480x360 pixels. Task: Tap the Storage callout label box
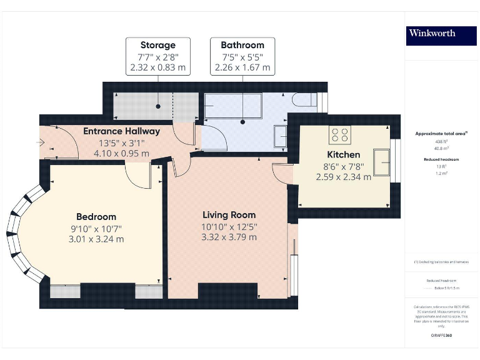coord(157,56)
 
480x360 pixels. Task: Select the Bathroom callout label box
coord(242,56)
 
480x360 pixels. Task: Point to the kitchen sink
coord(380,162)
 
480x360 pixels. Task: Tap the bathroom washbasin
coord(281,135)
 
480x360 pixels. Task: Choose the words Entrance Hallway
coord(121,131)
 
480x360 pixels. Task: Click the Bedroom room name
coord(96,216)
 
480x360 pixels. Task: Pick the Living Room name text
coord(229,215)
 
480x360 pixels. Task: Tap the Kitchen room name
coord(343,154)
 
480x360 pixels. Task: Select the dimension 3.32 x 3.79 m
coord(229,237)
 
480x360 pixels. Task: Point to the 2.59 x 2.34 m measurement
coord(343,177)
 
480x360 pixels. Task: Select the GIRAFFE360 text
coord(441,336)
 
